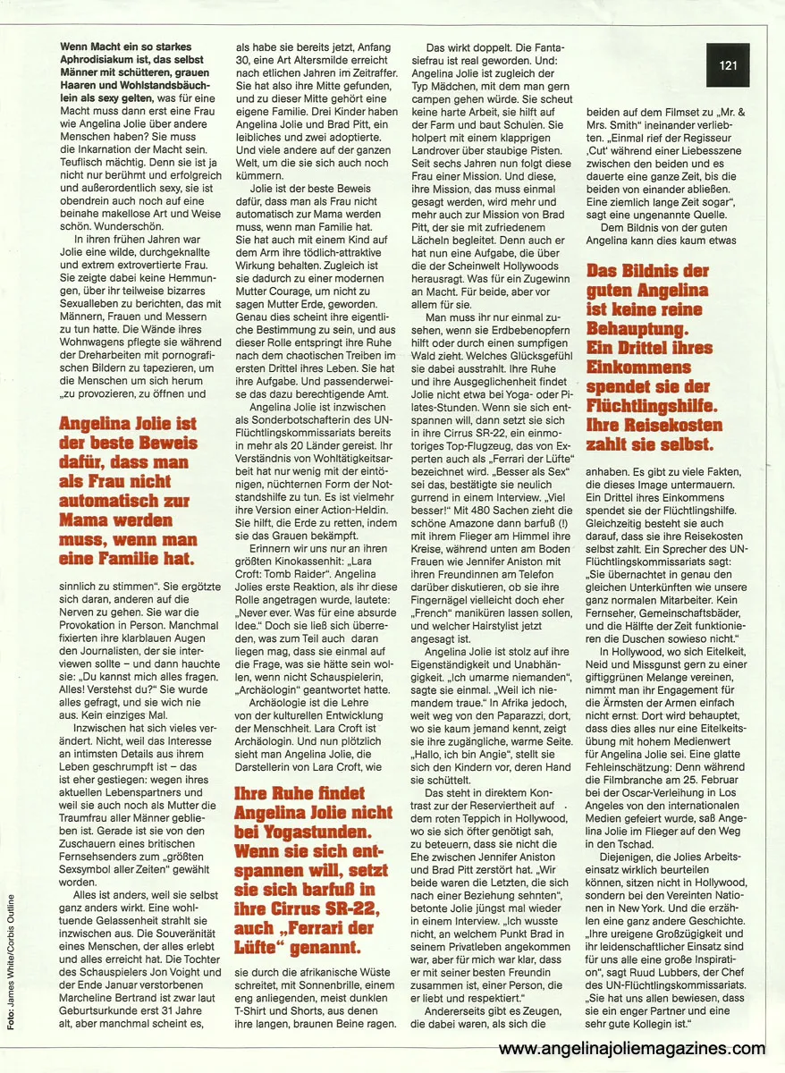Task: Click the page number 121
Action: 727,63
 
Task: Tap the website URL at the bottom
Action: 631,1049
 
